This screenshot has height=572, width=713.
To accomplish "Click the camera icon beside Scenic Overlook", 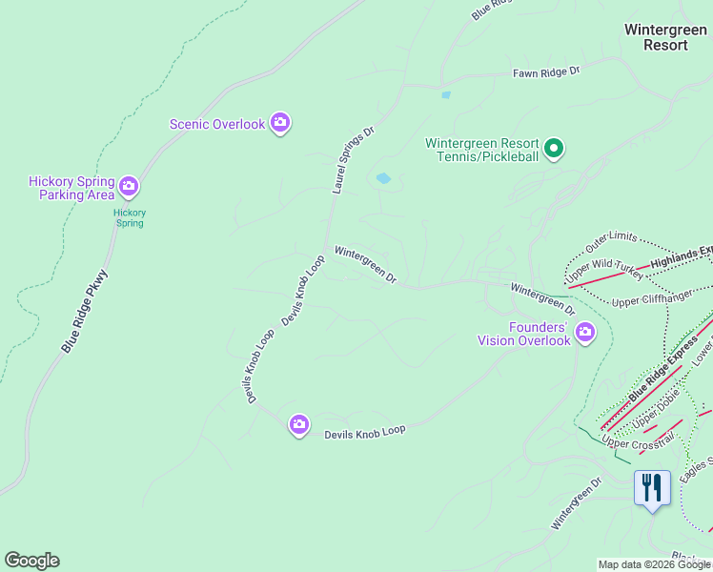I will [x=280, y=123].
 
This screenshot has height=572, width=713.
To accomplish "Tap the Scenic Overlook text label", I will [x=216, y=124].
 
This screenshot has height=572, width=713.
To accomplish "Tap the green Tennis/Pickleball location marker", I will [x=555, y=149].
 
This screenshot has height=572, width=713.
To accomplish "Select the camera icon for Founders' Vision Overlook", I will [x=584, y=333].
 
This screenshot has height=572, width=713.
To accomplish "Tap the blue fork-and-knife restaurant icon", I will [x=652, y=488].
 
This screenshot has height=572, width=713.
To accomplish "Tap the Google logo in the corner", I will [x=31, y=561].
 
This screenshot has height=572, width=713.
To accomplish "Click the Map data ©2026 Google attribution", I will [x=654, y=564].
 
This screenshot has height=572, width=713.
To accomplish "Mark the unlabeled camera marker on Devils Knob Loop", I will [x=299, y=426].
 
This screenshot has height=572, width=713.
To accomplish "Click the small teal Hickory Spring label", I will [x=130, y=218].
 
